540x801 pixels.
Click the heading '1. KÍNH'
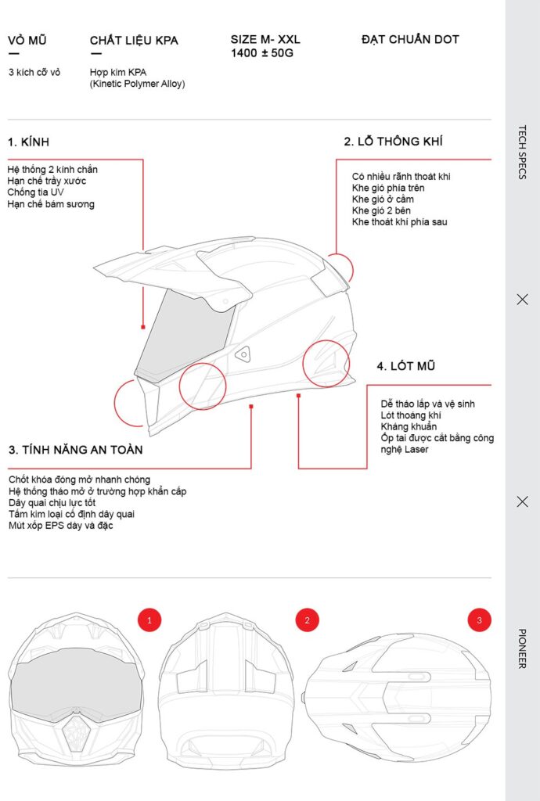click(x=29, y=142)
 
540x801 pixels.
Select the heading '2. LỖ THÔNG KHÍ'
click(x=393, y=142)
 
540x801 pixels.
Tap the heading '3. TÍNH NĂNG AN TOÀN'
click(x=75, y=450)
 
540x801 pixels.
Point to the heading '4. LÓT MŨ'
click(x=405, y=366)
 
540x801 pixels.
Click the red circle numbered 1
click(x=149, y=620)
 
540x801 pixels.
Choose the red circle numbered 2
click(x=307, y=620)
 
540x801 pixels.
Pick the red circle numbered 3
click(x=479, y=620)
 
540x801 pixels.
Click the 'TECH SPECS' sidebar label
click(x=522, y=152)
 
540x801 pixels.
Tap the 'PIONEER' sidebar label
click(x=522, y=648)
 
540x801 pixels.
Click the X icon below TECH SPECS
click(x=522, y=299)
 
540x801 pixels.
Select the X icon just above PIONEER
click(x=522, y=501)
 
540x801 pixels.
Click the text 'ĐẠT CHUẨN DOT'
click(x=410, y=39)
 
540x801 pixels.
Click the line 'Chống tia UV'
click(x=36, y=192)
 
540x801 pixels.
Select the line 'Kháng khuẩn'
click(x=409, y=426)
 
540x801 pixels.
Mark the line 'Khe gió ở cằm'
click(x=383, y=199)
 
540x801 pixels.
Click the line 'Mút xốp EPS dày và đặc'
click(x=61, y=525)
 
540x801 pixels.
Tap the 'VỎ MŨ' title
click(x=27, y=40)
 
